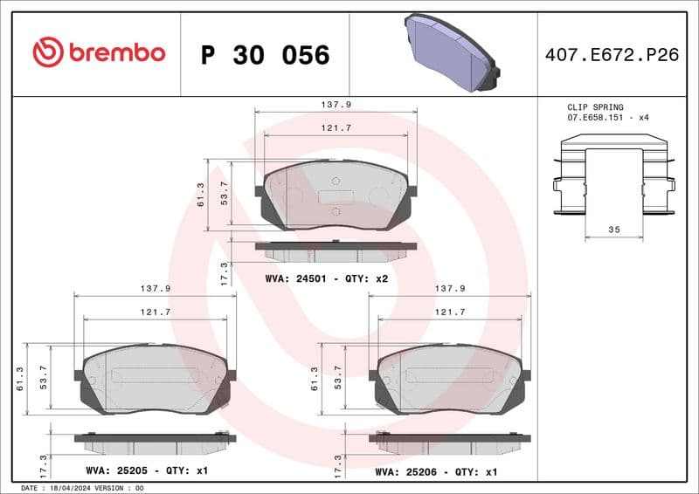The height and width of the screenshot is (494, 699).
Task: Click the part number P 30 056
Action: (x=265, y=55)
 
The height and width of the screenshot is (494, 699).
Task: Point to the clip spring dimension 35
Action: (x=613, y=229)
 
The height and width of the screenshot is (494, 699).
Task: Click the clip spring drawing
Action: (x=613, y=179)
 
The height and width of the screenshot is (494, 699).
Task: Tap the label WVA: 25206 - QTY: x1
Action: (x=435, y=470)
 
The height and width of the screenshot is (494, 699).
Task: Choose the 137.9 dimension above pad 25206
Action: (x=449, y=287)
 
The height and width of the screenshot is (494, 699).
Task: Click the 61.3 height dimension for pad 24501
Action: (x=200, y=195)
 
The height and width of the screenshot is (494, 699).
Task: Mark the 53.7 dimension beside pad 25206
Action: (x=339, y=378)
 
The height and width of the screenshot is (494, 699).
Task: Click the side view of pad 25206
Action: (x=449, y=442)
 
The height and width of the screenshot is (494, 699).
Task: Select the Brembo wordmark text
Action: (x=115, y=53)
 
